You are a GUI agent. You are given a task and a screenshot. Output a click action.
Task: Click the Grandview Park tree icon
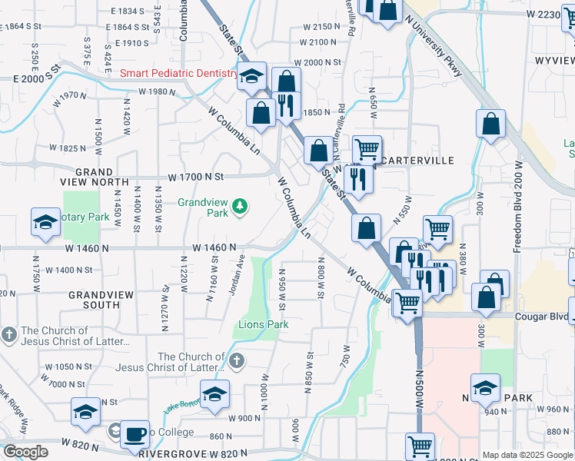241,205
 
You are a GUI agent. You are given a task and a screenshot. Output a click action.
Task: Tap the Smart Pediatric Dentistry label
178,73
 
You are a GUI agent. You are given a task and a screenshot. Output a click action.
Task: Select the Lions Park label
263,324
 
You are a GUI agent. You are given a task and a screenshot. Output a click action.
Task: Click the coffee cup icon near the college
135,433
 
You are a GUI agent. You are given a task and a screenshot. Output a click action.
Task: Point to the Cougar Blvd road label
543,317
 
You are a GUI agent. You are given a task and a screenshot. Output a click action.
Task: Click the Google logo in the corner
25,452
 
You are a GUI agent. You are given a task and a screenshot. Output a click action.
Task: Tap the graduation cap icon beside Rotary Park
45,222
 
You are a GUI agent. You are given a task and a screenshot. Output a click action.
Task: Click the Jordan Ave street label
234,275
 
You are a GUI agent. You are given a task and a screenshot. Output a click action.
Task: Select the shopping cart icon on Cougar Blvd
407,301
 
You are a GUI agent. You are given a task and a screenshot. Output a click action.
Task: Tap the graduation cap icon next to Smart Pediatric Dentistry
251,76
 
